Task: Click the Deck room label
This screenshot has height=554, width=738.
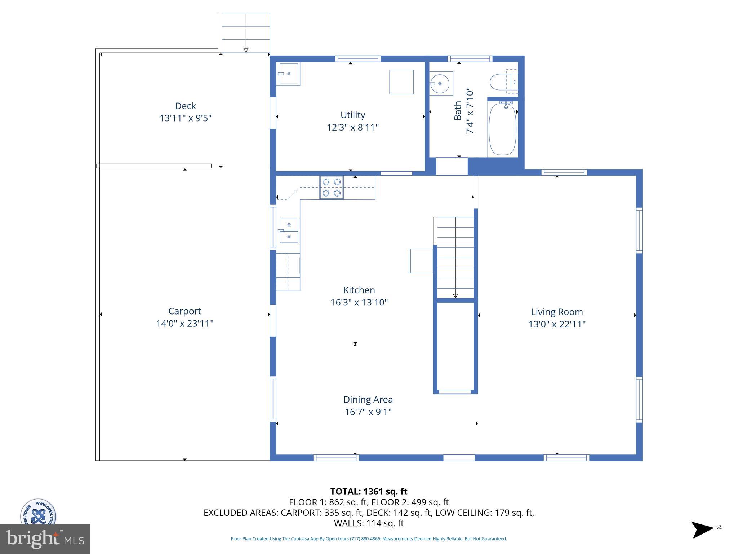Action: click(x=185, y=106)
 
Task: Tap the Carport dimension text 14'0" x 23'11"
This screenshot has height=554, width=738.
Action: click(x=184, y=324)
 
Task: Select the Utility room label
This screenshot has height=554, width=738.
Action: click(x=352, y=115)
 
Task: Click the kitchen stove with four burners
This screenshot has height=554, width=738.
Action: click(x=331, y=188)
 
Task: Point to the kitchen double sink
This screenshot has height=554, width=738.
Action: click(x=289, y=231)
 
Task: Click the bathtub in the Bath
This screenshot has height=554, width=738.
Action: click(x=502, y=129)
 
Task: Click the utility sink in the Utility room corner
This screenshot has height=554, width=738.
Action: click(x=288, y=74)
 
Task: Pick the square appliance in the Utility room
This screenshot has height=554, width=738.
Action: click(x=401, y=82)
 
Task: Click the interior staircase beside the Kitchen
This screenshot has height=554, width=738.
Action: click(x=455, y=258)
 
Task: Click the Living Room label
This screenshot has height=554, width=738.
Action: click(x=556, y=312)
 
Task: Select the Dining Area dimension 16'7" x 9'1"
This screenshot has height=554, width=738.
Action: click(x=368, y=412)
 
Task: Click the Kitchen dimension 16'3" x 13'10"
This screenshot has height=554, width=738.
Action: click(x=359, y=303)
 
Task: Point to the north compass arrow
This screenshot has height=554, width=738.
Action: click(x=702, y=530)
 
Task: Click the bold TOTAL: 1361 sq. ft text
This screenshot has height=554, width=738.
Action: click(x=369, y=492)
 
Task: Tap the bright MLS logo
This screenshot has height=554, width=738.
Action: click(x=45, y=539)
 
